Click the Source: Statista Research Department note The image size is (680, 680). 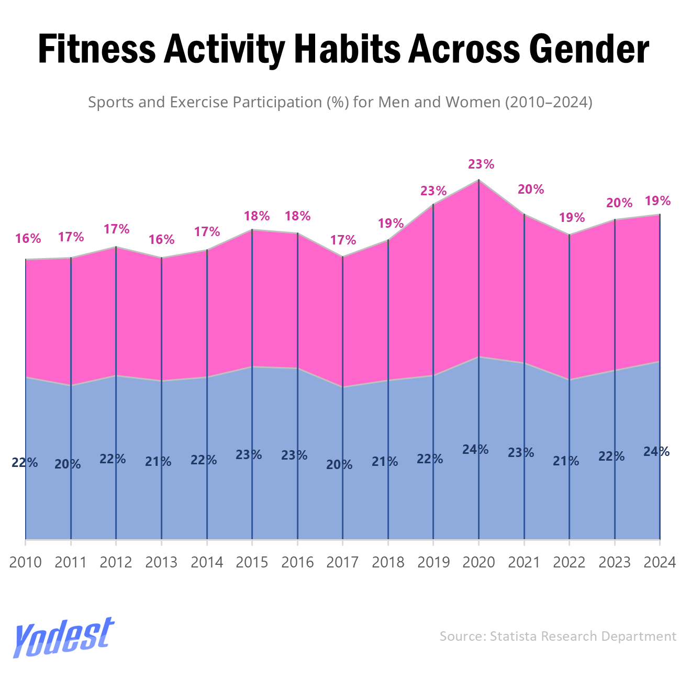(x=558, y=636)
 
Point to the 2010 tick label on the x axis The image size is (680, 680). (x=26, y=563)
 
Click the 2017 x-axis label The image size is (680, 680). (x=342, y=563)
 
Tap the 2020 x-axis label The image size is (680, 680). (x=478, y=563)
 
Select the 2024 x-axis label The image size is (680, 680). (x=660, y=563)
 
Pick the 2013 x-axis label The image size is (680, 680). (x=161, y=563)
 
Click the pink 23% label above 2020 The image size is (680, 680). (x=481, y=164)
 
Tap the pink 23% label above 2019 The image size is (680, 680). (x=433, y=191)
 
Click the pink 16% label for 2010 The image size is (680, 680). (x=28, y=239)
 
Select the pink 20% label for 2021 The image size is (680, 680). (x=531, y=189)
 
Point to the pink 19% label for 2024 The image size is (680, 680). (x=657, y=201)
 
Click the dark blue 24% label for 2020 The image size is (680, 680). (x=475, y=450)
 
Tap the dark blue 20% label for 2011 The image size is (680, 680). (x=68, y=464)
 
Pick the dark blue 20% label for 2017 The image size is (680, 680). (x=339, y=464)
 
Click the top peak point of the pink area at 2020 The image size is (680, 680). (x=478, y=180)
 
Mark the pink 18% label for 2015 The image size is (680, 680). (x=257, y=216)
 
